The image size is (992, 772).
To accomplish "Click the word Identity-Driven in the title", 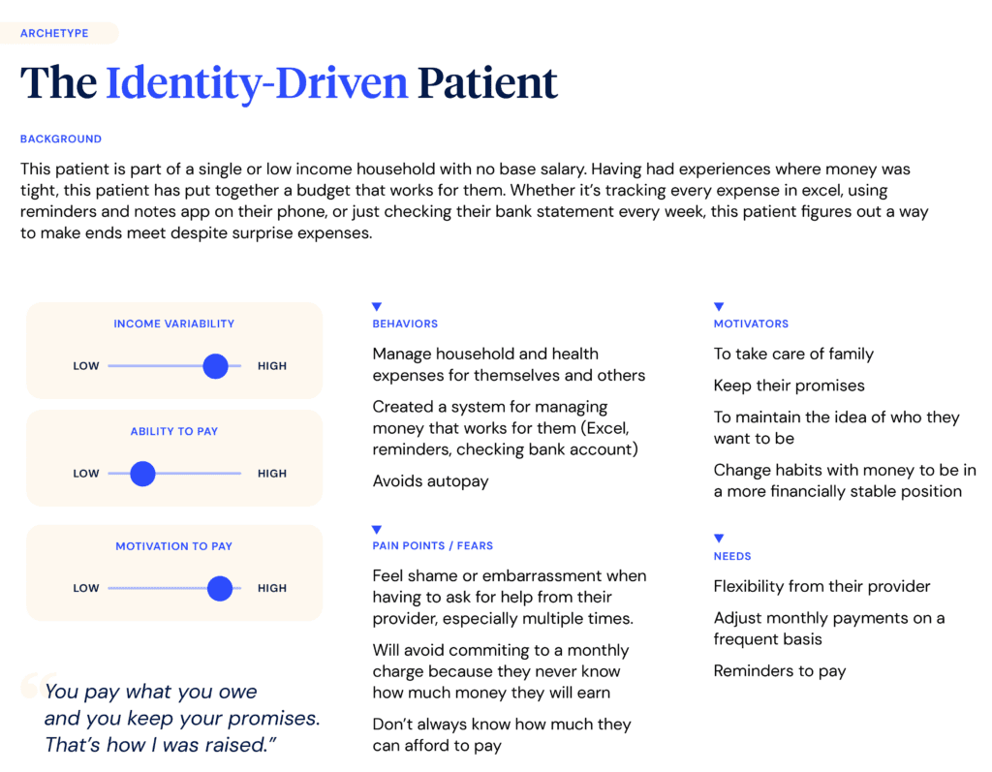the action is [257, 83].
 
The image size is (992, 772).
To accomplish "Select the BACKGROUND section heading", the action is [61, 139].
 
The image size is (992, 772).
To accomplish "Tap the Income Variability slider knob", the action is [216, 366].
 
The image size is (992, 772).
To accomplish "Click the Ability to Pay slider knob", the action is [143, 474].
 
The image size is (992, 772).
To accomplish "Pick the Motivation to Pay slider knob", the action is [220, 588].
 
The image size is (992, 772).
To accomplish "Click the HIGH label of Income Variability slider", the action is [272, 366].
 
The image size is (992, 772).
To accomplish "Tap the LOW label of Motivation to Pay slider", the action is [86, 588].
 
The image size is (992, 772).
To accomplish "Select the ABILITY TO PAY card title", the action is [174, 431].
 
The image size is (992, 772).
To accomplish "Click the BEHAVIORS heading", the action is [405, 324].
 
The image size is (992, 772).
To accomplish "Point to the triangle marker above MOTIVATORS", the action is [719, 306].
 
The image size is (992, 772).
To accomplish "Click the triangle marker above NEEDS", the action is [719, 539].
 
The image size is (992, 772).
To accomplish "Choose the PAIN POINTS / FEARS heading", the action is [433, 545].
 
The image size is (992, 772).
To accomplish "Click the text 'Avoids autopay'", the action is [431, 481].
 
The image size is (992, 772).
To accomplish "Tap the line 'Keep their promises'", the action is [789, 386].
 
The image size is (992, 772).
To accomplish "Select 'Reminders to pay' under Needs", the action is [780, 670].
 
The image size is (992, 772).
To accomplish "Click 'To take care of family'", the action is [793, 354].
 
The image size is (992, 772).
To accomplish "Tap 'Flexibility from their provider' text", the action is [821, 587].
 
